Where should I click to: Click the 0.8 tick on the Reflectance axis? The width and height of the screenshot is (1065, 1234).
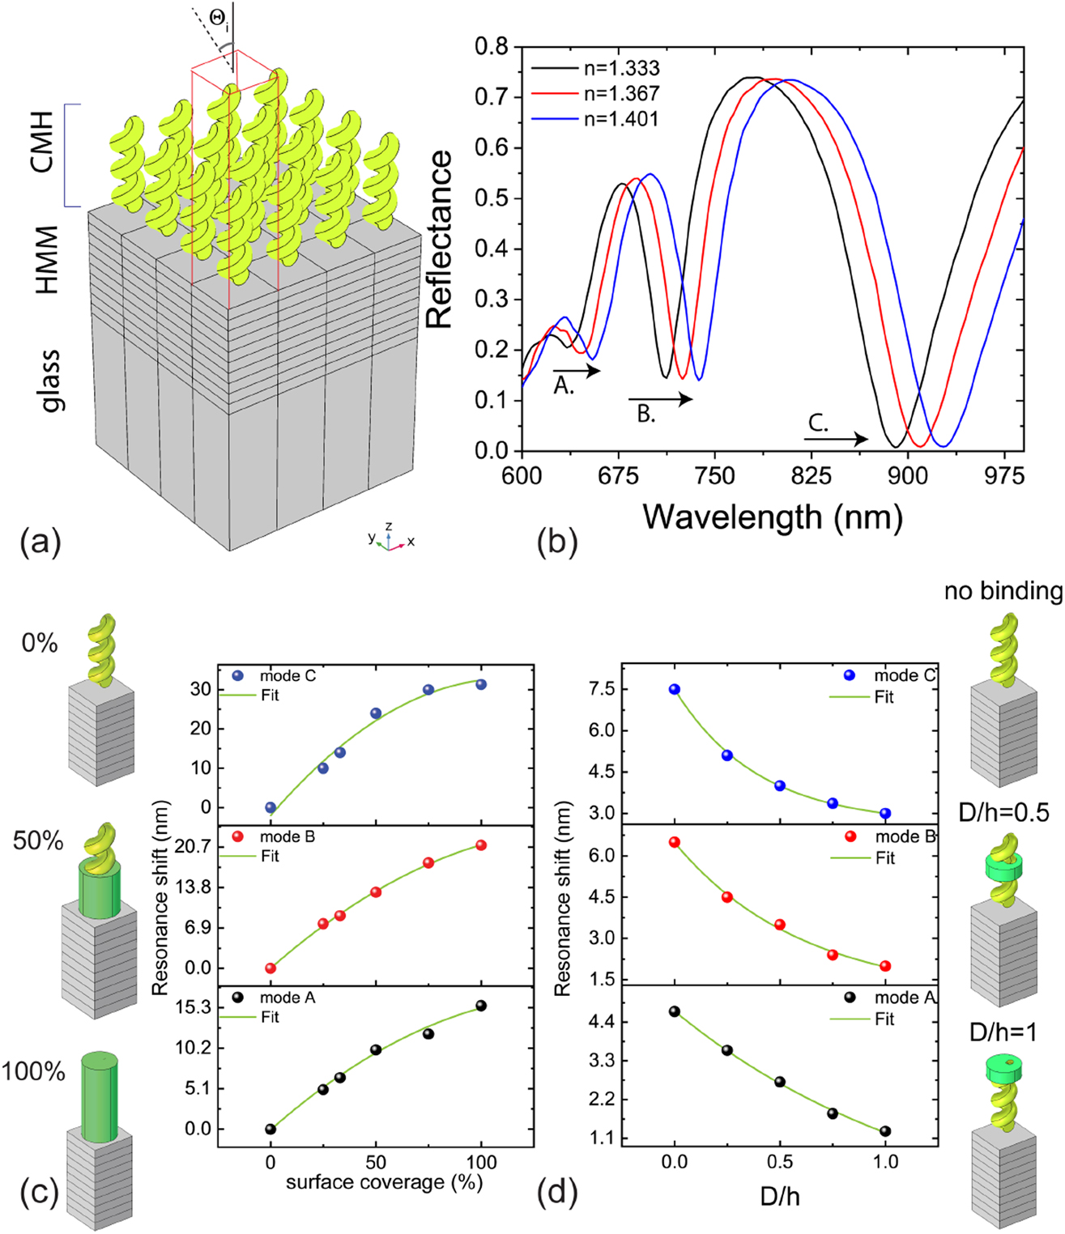[x=492, y=47]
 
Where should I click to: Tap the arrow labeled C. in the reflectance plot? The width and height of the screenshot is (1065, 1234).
[x=836, y=439]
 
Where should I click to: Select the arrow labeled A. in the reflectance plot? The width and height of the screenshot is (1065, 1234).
[x=577, y=371]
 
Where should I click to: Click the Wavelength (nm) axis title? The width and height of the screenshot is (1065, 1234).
[x=773, y=516]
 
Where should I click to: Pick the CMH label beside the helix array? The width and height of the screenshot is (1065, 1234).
[x=42, y=143]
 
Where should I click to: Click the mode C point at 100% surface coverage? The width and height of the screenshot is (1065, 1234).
[x=481, y=684]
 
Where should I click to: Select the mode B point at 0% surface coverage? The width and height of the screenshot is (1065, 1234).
[x=271, y=968]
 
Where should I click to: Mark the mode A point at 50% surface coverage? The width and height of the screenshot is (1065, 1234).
[x=376, y=1049]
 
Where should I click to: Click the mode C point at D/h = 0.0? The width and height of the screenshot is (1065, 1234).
[x=675, y=689]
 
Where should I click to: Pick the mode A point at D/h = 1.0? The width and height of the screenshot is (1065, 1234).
[x=885, y=1131]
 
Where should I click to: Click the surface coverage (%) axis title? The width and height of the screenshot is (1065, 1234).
[x=384, y=1181]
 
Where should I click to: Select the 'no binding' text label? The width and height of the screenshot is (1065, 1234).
[x=1003, y=592]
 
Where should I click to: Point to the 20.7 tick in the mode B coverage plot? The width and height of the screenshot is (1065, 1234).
[x=197, y=846]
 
